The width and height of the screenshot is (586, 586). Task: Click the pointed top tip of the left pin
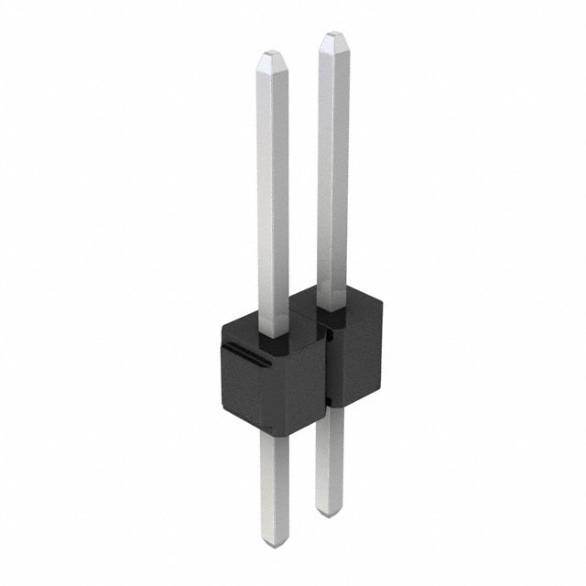(x=273, y=56)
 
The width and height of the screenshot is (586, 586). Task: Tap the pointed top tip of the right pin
(x=332, y=37)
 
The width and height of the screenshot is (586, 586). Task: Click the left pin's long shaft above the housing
(x=273, y=201)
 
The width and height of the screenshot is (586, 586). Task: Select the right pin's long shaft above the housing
(x=332, y=174)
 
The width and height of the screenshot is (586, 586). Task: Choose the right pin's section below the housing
(x=330, y=458)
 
